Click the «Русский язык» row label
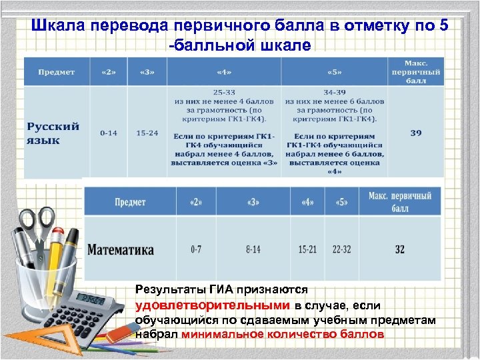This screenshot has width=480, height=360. tap(53, 133)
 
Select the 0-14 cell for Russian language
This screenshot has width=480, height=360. tap(109, 133)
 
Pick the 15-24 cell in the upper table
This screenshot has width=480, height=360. tap(147, 133)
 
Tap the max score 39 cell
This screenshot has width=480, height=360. tap(415, 133)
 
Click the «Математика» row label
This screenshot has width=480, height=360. tap(121, 250)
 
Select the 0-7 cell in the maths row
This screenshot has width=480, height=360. tap(196, 250)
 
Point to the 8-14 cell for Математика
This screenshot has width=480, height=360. tap(253, 250)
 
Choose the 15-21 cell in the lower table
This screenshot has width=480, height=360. tap(307, 250)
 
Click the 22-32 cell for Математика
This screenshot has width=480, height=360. tap(341, 250)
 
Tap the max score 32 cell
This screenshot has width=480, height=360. tap(399, 250)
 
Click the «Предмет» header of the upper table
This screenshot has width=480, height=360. tap(55, 72)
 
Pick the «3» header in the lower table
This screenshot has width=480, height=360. tap(253, 201)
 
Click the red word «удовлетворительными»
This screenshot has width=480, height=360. tap(212, 305)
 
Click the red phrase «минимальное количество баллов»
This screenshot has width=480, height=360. tap(283, 335)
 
